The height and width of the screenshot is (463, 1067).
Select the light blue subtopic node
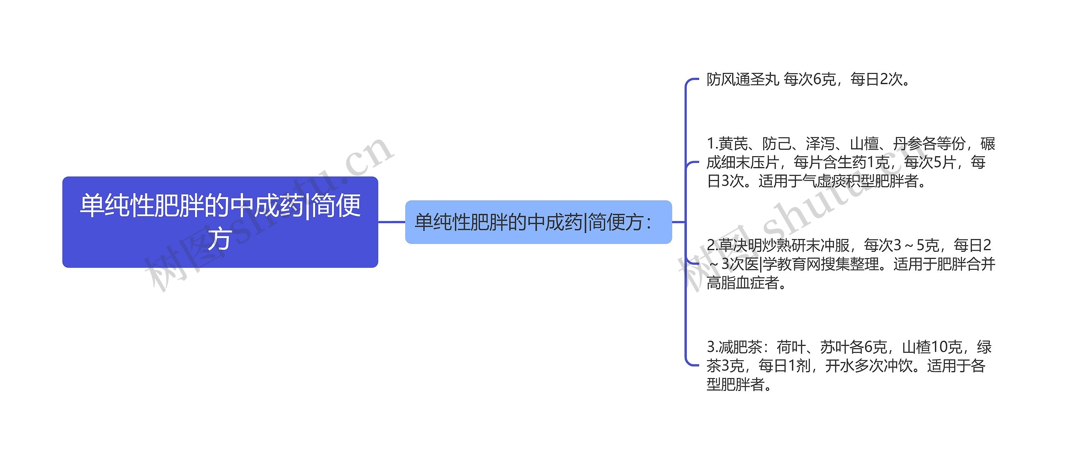click(538, 222)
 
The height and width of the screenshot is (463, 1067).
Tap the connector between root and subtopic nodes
click(391, 222)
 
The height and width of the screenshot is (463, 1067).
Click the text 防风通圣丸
click(743, 79)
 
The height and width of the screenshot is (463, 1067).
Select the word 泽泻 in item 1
click(820, 144)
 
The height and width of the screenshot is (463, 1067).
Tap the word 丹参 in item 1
click(907, 144)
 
